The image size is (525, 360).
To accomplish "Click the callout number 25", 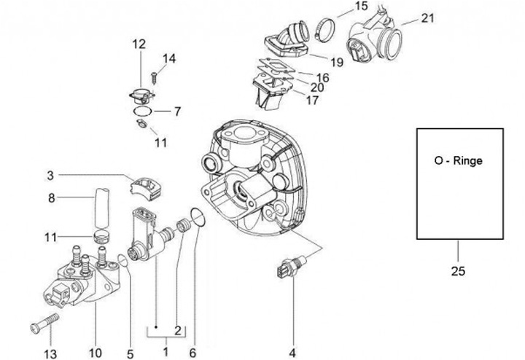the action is click(458, 270).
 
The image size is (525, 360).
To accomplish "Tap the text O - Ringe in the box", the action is click(459, 160).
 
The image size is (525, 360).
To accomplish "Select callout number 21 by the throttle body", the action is click(427, 18).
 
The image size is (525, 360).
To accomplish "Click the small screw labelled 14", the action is click(155, 78).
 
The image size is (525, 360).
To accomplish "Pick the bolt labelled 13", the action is click(44, 323).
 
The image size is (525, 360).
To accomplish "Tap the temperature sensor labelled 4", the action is click(290, 267).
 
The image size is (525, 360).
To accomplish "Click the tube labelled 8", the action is click(101, 208).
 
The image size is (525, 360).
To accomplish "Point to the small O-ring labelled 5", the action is click(123, 260).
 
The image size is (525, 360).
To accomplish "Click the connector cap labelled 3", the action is click(146, 188).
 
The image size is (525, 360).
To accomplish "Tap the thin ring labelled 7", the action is click(142, 111).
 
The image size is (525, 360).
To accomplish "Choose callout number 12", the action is click(139, 44).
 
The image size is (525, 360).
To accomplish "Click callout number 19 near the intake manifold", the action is click(337, 62).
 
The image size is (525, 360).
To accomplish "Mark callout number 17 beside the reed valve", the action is click(312, 100).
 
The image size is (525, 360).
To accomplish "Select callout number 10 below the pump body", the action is click(96, 353).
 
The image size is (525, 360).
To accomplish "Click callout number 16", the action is click(323, 78).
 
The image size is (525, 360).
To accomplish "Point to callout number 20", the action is click(317, 87).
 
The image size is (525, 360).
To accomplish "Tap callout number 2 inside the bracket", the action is click(178, 331).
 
